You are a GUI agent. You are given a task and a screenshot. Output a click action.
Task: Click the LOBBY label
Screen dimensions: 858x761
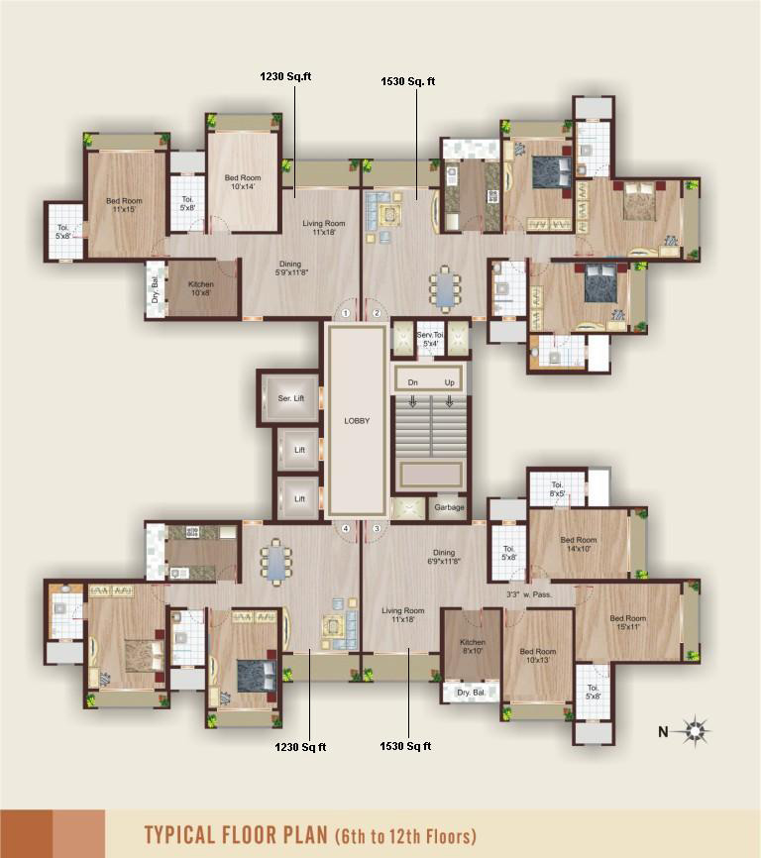click(357, 420)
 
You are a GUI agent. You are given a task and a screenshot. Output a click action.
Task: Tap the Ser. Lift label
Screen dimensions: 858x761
click(290, 398)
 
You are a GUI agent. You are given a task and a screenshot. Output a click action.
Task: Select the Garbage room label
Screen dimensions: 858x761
click(448, 508)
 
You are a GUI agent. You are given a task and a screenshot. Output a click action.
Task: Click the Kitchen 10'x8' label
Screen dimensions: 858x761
click(201, 289)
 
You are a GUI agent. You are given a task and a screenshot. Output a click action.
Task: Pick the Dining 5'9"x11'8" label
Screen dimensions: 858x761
click(290, 268)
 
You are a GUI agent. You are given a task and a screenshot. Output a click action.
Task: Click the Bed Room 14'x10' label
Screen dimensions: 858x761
click(579, 544)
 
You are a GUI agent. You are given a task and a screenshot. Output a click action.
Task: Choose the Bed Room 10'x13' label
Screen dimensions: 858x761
click(537, 657)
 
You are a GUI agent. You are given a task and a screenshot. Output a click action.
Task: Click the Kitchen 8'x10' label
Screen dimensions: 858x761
click(473, 647)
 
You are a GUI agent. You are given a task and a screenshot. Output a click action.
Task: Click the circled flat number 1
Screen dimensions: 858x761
click(346, 313)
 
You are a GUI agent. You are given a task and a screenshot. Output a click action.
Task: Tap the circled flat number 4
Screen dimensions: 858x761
click(346, 529)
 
